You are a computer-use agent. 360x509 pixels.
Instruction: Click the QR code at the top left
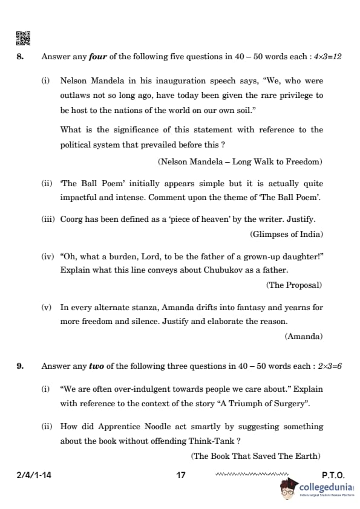tap(22, 38)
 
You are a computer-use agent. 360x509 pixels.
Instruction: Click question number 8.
tap(20, 57)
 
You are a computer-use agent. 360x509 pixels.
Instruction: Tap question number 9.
tap(20, 366)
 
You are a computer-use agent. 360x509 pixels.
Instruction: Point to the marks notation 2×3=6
tap(330, 366)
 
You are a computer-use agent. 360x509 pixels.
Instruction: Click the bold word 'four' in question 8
tap(97, 57)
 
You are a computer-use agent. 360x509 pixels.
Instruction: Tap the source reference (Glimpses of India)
tap(286, 234)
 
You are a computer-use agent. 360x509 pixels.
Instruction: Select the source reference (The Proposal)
tap(293, 285)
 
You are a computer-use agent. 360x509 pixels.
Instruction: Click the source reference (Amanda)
tap(304, 336)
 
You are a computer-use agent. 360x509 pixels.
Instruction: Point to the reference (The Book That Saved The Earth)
tap(257, 456)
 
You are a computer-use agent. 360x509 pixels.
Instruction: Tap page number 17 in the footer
tap(180, 475)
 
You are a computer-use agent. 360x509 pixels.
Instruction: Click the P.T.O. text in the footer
tap(333, 475)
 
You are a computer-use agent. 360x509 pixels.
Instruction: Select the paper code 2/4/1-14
tap(34, 475)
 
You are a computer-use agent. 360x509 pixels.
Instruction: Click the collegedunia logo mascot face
tap(287, 490)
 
